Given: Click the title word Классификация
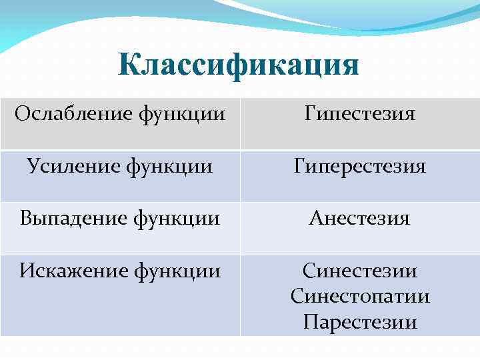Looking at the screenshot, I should coord(239,65).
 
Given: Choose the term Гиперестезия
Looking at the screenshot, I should coord(360,165).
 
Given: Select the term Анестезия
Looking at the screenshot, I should coord(360,218).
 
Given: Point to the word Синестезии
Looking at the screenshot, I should coord(360,271).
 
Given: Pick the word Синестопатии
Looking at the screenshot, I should coord(360,296).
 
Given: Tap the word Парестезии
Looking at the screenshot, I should coord(360,323).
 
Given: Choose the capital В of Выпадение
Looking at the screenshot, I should coord(26,218).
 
